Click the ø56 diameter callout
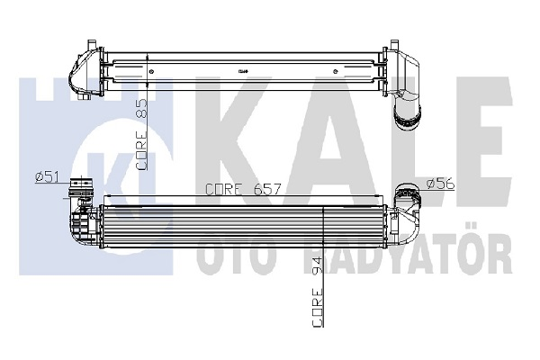(438, 184)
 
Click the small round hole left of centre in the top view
(152, 70)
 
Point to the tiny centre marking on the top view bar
(244, 71)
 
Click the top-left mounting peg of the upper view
(91, 43)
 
